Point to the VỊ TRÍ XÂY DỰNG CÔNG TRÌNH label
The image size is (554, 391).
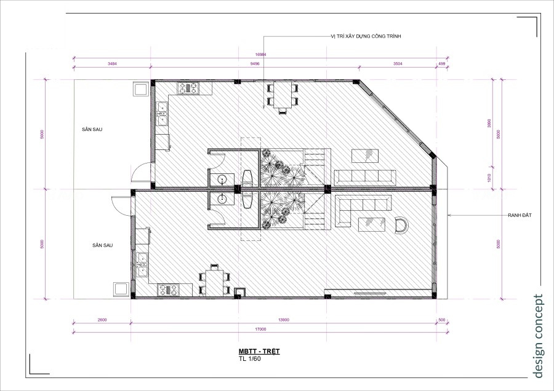(x=366, y=37)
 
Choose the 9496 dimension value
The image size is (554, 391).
(x=259, y=63)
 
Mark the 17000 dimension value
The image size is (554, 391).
(x=258, y=330)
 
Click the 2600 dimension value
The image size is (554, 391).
(x=102, y=320)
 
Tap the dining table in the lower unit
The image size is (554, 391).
(x=214, y=280)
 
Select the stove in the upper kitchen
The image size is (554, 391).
(x=188, y=88)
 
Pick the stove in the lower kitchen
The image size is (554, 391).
(x=167, y=289)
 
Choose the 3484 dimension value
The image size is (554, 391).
(x=112, y=63)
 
